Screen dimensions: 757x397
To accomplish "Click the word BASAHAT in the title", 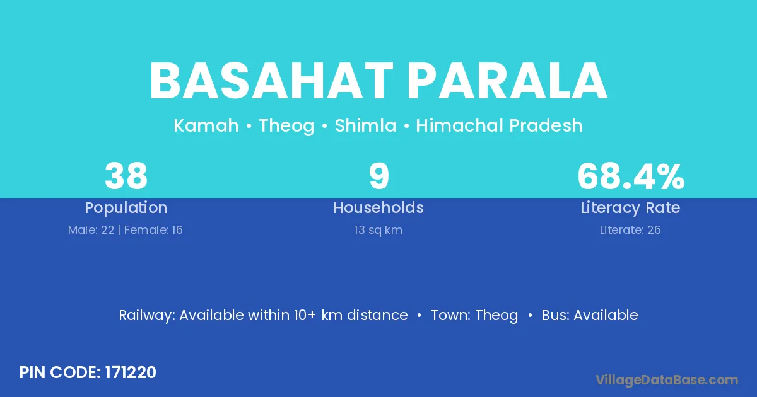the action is [x=271, y=81].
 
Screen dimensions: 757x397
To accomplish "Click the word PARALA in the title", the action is [x=507, y=81].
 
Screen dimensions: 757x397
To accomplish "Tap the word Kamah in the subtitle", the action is [x=206, y=125].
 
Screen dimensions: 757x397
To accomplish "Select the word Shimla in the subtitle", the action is [x=365, y=125].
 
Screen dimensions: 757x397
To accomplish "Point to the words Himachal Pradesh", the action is [x=499, y=125].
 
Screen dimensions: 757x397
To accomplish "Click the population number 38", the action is [x=126, y=176].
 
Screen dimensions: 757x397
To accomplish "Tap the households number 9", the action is [x=379, y=176].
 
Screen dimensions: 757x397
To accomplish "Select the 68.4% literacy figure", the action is [x=631, y=176].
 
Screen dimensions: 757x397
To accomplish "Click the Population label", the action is [x=126, y=208].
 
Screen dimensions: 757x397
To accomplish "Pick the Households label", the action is [x=378, y=207].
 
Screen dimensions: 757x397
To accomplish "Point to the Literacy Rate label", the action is [x=630, y=208].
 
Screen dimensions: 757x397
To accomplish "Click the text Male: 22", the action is [x=91, y=230].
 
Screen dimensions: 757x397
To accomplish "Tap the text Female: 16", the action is [x=153, y=230].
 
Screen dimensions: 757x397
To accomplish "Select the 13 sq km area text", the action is [x=378, y=230].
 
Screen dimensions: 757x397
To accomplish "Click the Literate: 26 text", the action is [x=630, y=230].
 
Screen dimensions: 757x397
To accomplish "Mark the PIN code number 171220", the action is [x=131, y=372].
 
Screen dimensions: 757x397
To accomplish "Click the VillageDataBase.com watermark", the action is [x=667, y=380].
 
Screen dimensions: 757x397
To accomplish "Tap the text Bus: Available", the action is [x=590, y=315].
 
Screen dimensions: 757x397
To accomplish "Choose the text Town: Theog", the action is [x=474, y=316].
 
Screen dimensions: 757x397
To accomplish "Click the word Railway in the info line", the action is [x=147, y=316].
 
